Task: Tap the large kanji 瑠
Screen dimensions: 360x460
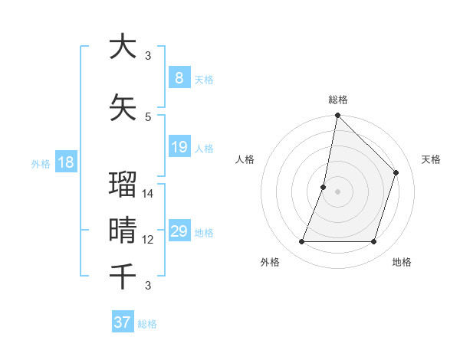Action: point(123,185)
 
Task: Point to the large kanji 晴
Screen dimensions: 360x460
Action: point(123,230)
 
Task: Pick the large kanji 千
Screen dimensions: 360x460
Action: point(123,275)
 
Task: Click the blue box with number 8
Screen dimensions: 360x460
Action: point(179,77)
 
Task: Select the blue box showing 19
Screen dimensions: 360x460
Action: point(179,147)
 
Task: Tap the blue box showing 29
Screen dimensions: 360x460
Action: point(179,231)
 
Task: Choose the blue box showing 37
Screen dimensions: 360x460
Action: point(123,322)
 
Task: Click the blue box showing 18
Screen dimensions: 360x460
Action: point(66,162)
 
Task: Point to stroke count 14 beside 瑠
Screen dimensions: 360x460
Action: point(149,194)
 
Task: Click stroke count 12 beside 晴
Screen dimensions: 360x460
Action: point(149,240)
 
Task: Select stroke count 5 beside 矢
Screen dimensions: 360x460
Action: point(148,116)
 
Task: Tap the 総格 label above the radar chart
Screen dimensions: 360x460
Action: point(337,100)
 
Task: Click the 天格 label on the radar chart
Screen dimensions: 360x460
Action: point(431,159)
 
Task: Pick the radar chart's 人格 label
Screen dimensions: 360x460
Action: point(245,159)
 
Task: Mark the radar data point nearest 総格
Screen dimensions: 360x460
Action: point(337,116)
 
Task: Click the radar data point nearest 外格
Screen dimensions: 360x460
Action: point(301,242)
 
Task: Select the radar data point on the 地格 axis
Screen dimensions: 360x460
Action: point(373,242)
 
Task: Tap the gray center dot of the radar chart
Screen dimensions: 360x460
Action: point(337,191)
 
